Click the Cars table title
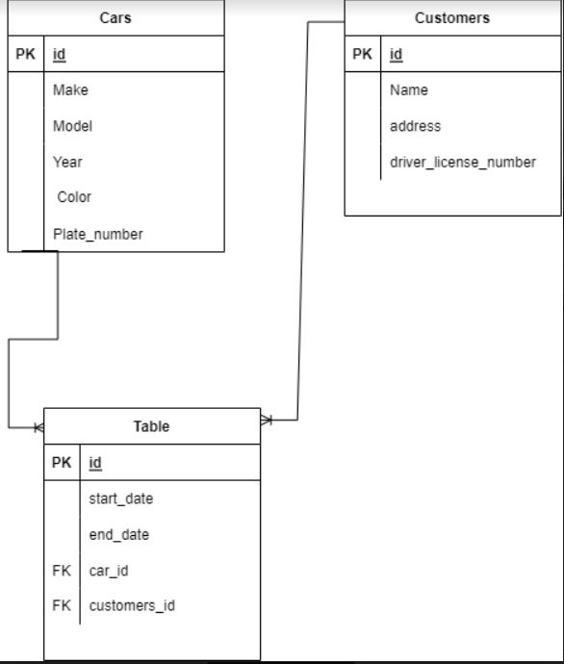[x=116, y=18]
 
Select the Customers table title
[x=451, y=18]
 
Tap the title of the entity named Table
[x=151, y=426]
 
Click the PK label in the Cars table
[x=25, y=55]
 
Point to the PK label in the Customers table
[x=362, y=55]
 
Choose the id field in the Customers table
[x=397, y=55]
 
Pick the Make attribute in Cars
[x=70, y=89]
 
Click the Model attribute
[x=72, y=126]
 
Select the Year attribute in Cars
[x=67, y=162]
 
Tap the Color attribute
[x=74, y=197]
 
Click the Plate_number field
[x=97, y=234]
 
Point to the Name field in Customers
[x=409, y=89]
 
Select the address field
[x=415, y=126]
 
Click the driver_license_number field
[x=462, y=162]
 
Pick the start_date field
[x=120, y=498]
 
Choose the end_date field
[x=118, y=534]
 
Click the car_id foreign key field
[x=109, y=571]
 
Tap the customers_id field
[x=132, y=605]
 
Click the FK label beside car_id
[x=62, y=571]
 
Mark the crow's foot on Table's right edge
[x=267, y=420]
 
